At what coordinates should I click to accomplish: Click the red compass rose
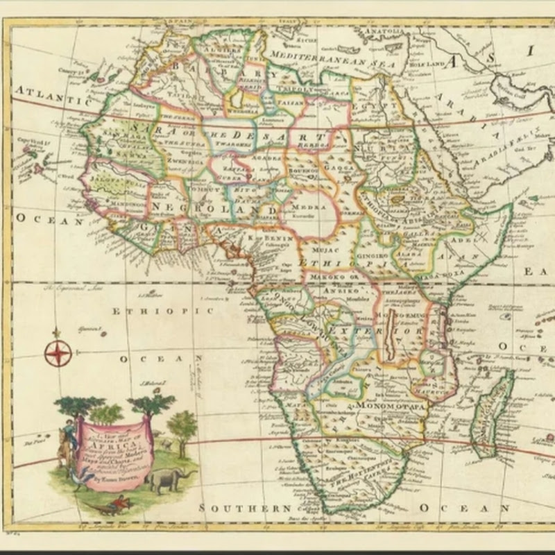[x=58, y=353]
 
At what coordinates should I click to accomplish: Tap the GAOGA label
[x=338, y=166]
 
